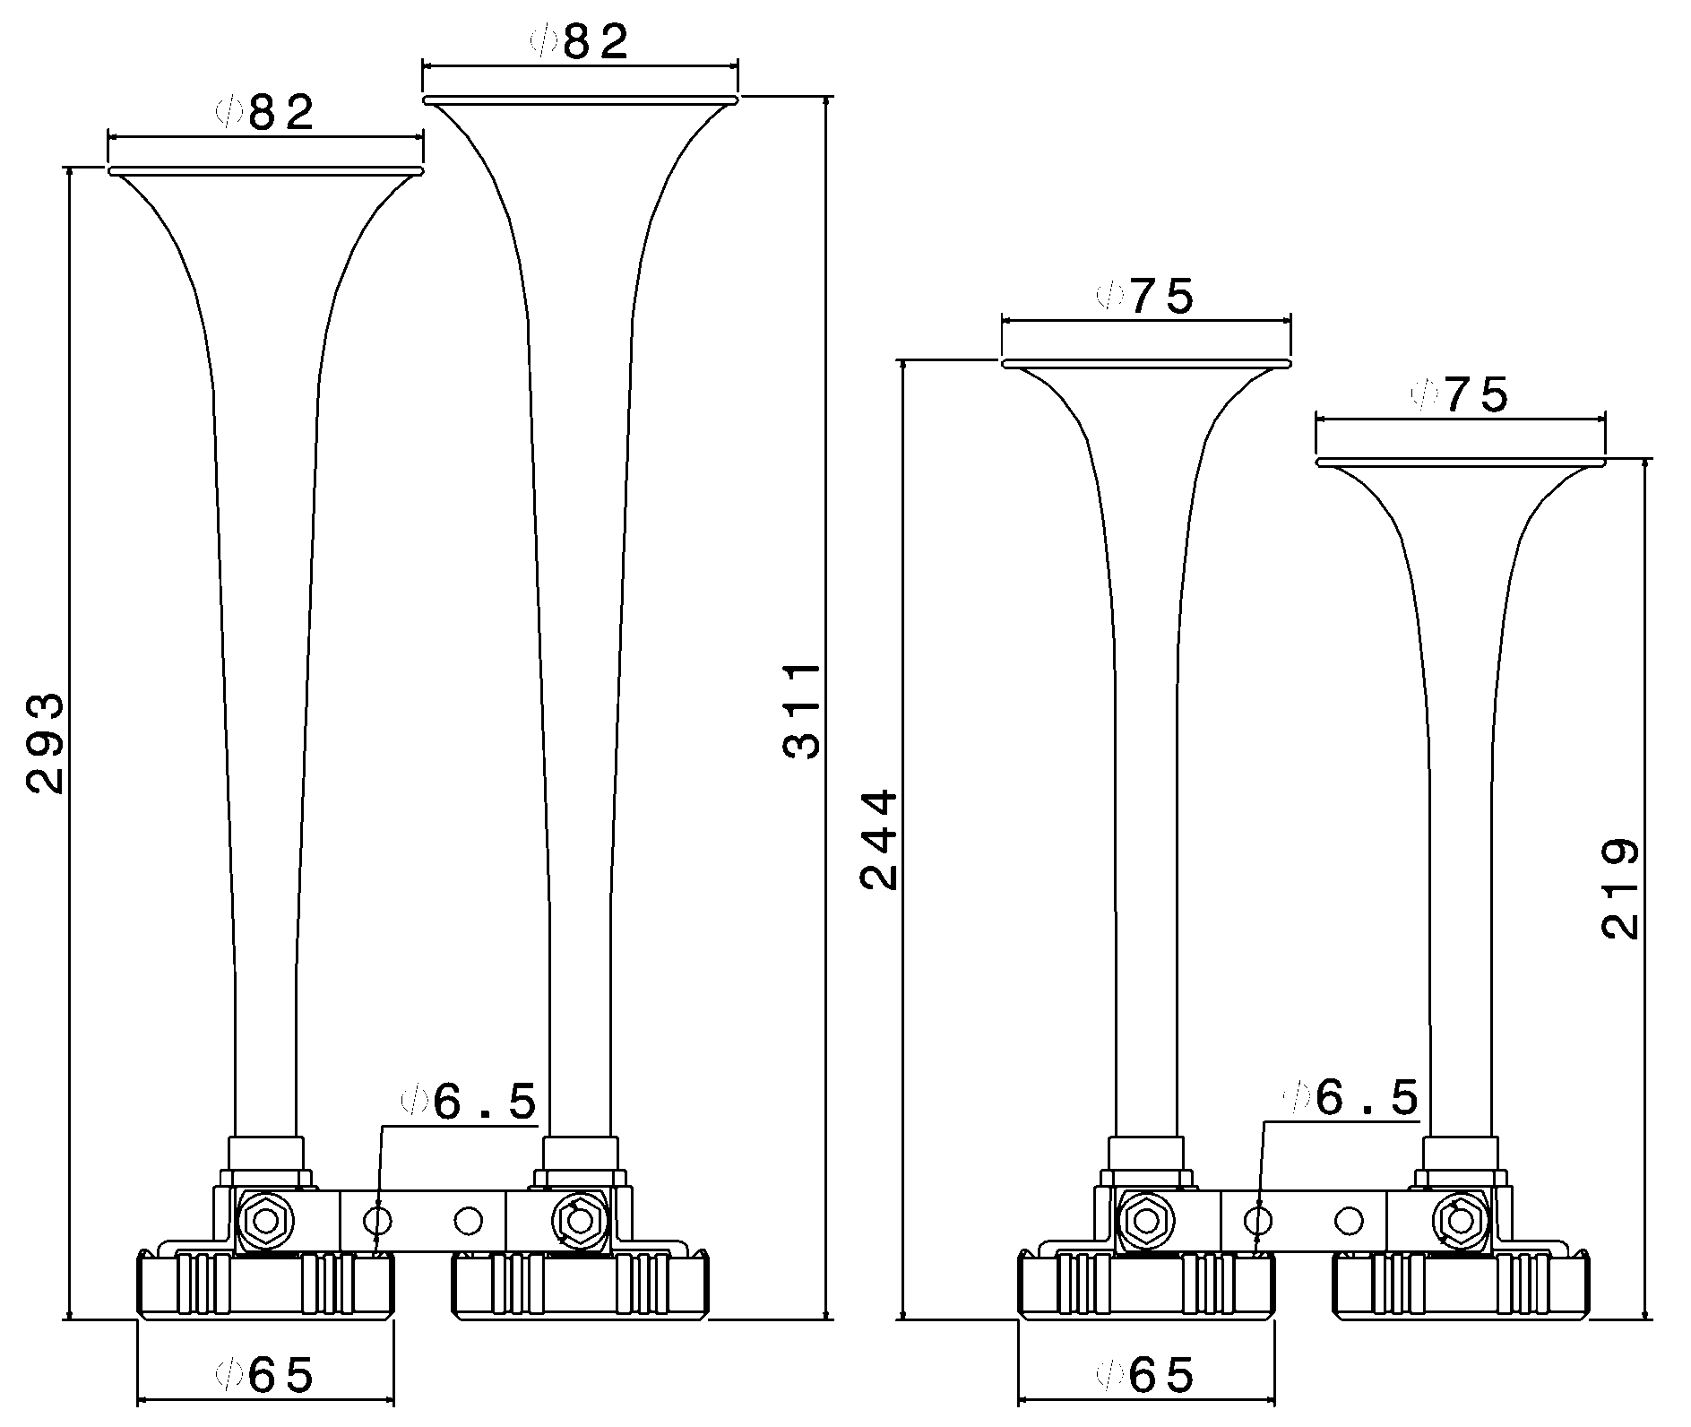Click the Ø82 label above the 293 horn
[x=266, y=112]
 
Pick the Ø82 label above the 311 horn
[x=581, y=41]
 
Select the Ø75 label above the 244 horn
[x=1146, y=297]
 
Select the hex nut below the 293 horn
[x=266, y=1220]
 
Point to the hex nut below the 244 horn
[x=1146, y=1220]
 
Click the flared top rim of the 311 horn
[x=581, y=99]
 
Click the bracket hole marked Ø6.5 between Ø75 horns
[x=1259, y=1219]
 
